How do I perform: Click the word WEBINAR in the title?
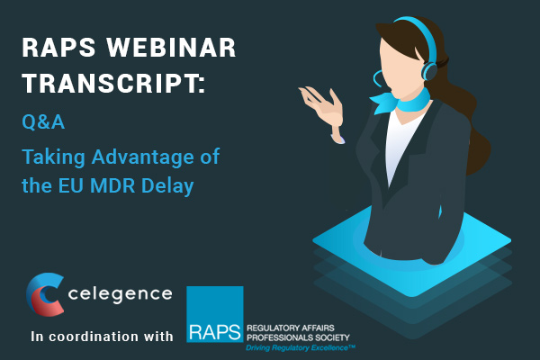click(171, 47)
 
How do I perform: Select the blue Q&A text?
click(43, 121)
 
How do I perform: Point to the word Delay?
click(167, 185)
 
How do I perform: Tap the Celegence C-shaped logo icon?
click(45, 294)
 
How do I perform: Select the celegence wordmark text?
click(121, 294)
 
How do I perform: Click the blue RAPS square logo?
click(215, 314)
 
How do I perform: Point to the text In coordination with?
click(102, 337)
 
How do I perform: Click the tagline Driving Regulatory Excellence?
click(301, 348)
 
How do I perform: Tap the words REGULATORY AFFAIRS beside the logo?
click(291, 328)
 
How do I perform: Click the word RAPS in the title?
click(58, 47)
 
